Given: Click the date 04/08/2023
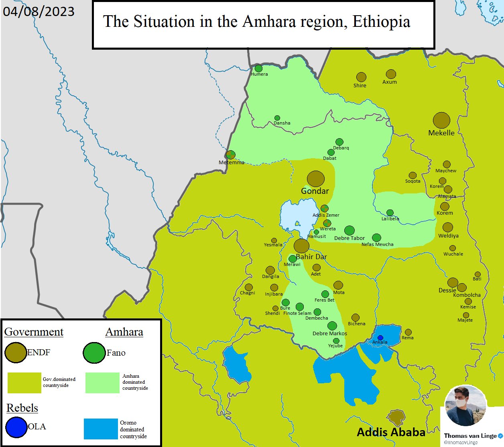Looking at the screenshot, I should pyautogui.click(x=39, y=11).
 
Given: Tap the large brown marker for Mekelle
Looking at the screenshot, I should pyautogui.click(x=441, y=120).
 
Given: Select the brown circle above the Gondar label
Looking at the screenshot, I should pyautogui.click(x=316, y=179).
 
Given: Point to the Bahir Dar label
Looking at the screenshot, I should pyautogui.click(x=311, y=257).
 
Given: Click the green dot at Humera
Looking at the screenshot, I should pyautogui.click(x=259, y=68).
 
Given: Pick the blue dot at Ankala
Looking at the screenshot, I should pyautogui.click(x=380, y=338).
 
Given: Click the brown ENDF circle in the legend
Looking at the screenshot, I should pyautogui.click(x=16, y=352).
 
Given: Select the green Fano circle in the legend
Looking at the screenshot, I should pyautogui.click(x=94, y=352).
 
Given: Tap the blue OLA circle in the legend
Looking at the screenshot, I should pyautogui.click(x=16, y=427).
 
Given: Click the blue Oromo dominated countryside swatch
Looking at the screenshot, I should pyautogui.click(x=101, y=429).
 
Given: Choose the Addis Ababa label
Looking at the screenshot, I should pyautogui.click(x=391, y=432).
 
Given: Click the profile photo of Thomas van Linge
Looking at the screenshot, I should pyautogui.click(x=466, y=406).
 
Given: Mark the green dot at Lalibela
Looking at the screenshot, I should pyautogui.click(x=390, y=213).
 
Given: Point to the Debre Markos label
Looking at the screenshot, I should pyautogui.click(x=329, y=333).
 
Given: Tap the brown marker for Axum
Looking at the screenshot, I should pyautogui.click(x=391, y=74).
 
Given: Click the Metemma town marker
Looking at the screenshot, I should pyautogui.click(x=230, y=155).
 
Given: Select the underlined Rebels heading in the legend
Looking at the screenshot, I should pyautogui.click(x=22, y=408).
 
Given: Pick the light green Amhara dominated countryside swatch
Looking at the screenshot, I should pyautogui.click(x=102, y=383).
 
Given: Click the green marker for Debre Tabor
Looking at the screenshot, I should pyautogui.click(x=350, y=230).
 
